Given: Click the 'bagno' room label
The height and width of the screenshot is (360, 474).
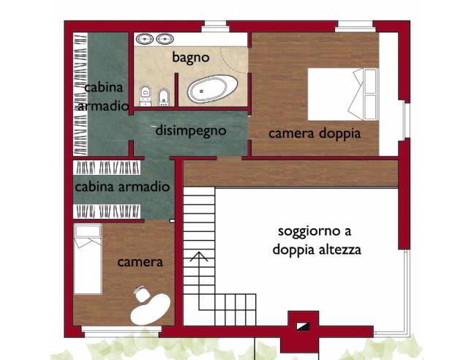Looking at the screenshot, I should (191, 56).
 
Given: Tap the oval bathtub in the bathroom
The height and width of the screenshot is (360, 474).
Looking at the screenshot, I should (211, 91).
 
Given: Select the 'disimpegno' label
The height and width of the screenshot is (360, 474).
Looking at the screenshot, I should (191, 131).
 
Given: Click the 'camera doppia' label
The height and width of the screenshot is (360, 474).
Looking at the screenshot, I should (314, 134).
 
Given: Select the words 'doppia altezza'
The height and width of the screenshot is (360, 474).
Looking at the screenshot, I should (317, 250).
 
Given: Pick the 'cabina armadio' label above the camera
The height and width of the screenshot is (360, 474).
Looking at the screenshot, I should (122, 187).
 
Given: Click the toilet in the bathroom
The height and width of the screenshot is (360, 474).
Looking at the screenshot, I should (146, 94).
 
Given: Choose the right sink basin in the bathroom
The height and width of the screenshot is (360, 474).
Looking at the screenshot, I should (164, 39).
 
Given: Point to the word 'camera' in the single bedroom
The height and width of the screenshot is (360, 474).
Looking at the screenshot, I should (140, 262).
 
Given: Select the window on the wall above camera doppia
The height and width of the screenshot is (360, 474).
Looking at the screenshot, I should (352, 28).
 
